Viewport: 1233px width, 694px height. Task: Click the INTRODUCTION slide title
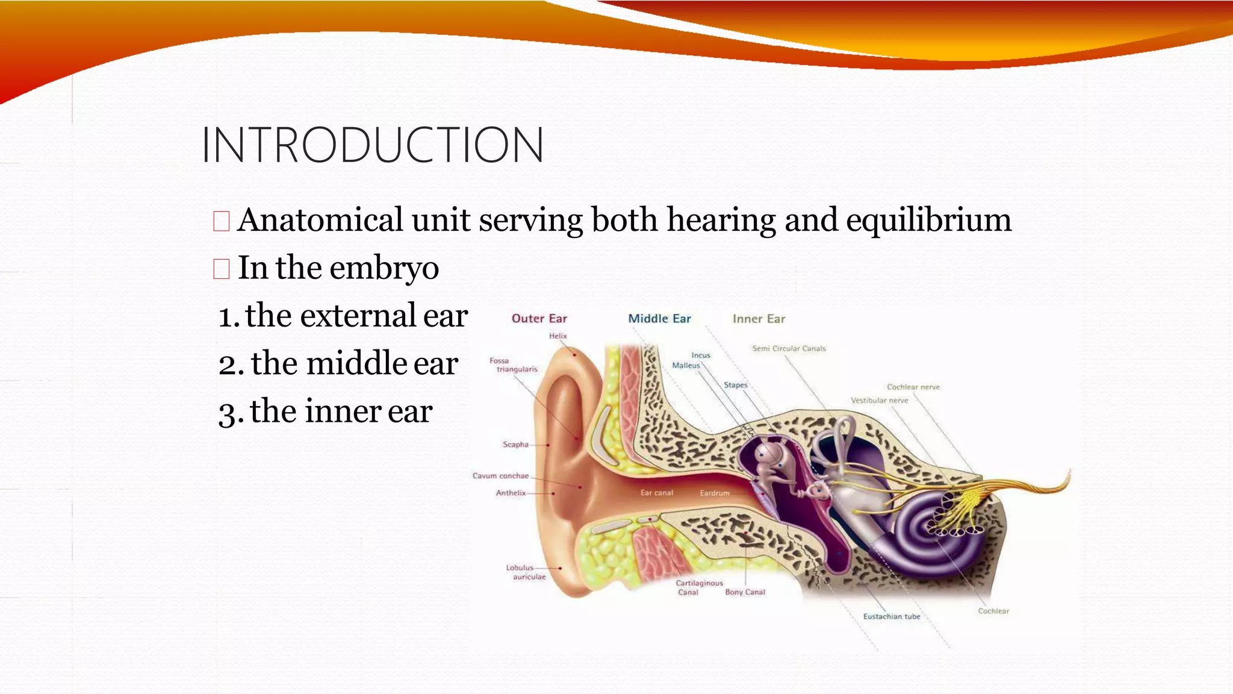click(x=373, y=145)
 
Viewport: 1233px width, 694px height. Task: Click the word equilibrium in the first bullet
click(x=928, y=220)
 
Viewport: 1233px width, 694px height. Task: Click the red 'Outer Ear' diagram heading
click(x=539, y=319)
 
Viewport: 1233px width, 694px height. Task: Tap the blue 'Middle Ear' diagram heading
click(x=659, y=319)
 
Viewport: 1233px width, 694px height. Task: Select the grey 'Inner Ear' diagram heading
click(x=759, y=319)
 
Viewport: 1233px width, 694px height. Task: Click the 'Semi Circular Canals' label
click(x=789, y=349)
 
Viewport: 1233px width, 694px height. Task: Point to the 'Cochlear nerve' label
click(x=913, y=387)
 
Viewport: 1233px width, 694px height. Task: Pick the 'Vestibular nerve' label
click(x=879, y=401)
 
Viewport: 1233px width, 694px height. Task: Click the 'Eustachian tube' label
click(x=892, y=617)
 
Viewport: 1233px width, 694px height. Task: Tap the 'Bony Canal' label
click(x=745, y=592)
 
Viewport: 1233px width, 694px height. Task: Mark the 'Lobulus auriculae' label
click(x=525, y=572)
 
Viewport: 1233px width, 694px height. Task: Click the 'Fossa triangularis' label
click(x=513, y=365)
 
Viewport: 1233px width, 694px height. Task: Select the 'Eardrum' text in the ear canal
click(x=715, y=493)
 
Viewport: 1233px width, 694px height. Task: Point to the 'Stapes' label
click(x=735, y=386)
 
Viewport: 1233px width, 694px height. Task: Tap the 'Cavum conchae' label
click(x=500, y=476)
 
